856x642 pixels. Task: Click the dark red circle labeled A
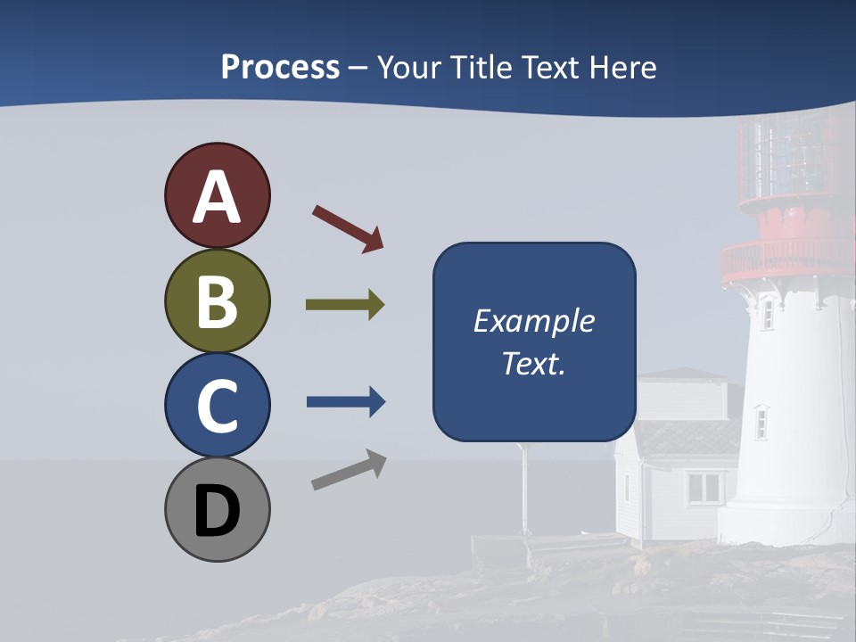pos(217,195)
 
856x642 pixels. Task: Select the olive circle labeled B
pos(217,300)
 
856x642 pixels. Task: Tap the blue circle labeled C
pos(217,405)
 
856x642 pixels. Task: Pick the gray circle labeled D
pos(217,509)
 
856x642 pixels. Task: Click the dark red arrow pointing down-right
pos(349,228)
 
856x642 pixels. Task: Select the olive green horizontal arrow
pos(344,305)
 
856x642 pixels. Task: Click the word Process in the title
pos(280,67)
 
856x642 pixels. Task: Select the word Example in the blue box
pos(533,321)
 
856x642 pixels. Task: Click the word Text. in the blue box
pos(533,364)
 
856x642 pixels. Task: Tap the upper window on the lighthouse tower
pos(767,313)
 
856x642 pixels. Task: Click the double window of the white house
pos(704,487)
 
